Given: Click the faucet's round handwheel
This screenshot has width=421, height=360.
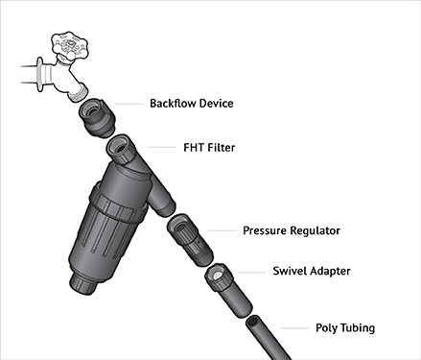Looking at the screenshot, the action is point(70,45).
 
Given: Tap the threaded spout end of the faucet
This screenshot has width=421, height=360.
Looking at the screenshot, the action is point(79,92).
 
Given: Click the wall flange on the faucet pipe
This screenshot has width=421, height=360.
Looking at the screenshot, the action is point(40,75).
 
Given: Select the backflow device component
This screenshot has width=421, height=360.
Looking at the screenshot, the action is point(97,118).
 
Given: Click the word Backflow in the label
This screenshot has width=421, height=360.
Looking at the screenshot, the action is point(172,104).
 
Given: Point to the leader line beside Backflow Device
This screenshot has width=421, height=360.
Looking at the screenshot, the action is point(129,104).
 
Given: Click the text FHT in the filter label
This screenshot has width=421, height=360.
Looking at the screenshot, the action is point(194,148).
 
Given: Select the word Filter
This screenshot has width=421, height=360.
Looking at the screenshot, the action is point(222,148).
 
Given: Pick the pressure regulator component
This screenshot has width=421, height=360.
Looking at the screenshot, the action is point(190,240).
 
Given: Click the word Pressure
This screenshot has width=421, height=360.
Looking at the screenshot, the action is point(265,230).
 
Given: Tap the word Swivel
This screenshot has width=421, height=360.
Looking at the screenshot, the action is point(290,271).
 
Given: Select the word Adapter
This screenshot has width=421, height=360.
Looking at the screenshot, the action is point(331,272).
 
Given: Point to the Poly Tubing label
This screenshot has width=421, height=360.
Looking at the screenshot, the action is point(345,328).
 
